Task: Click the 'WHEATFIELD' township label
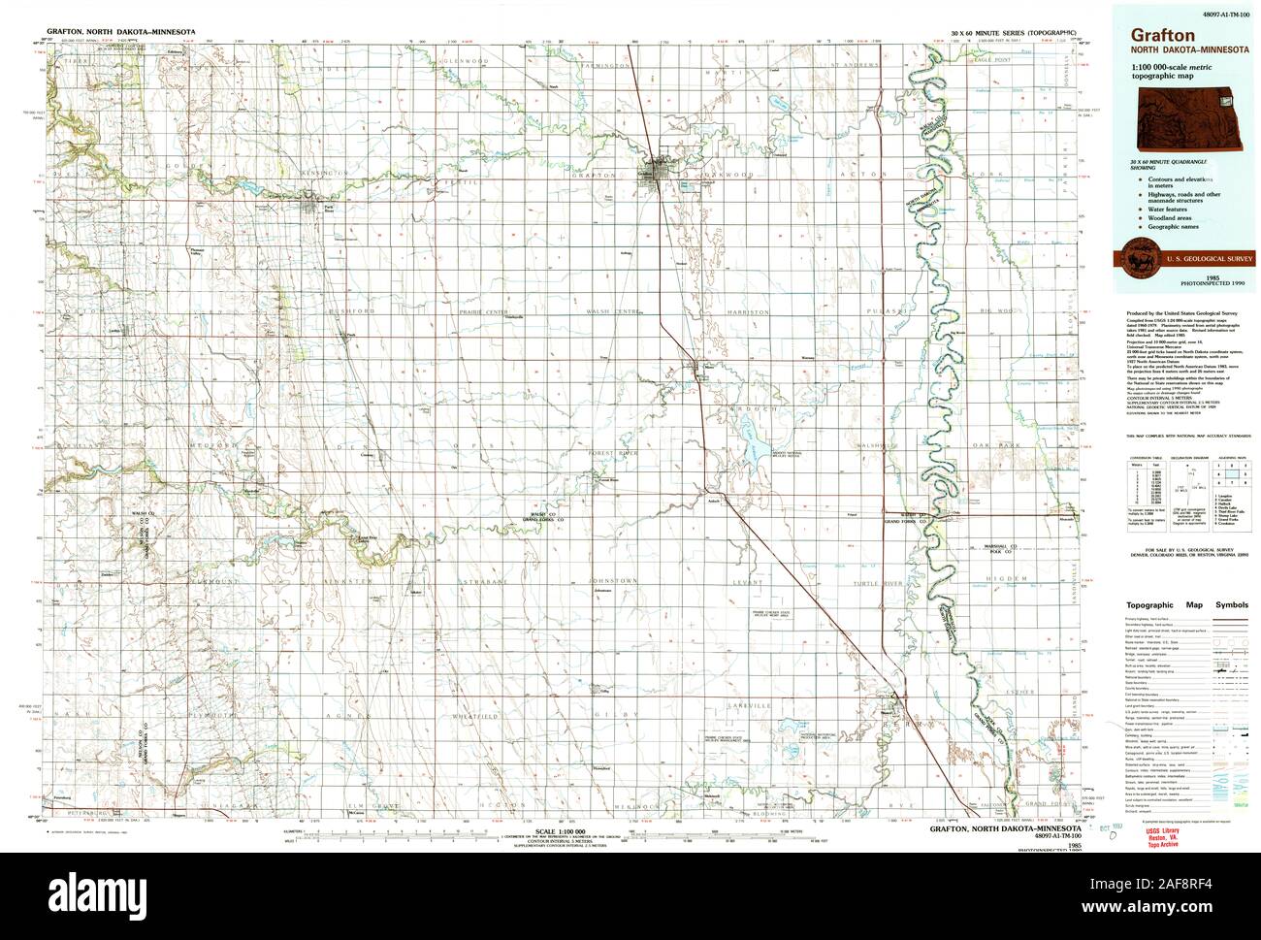click(475, 716)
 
